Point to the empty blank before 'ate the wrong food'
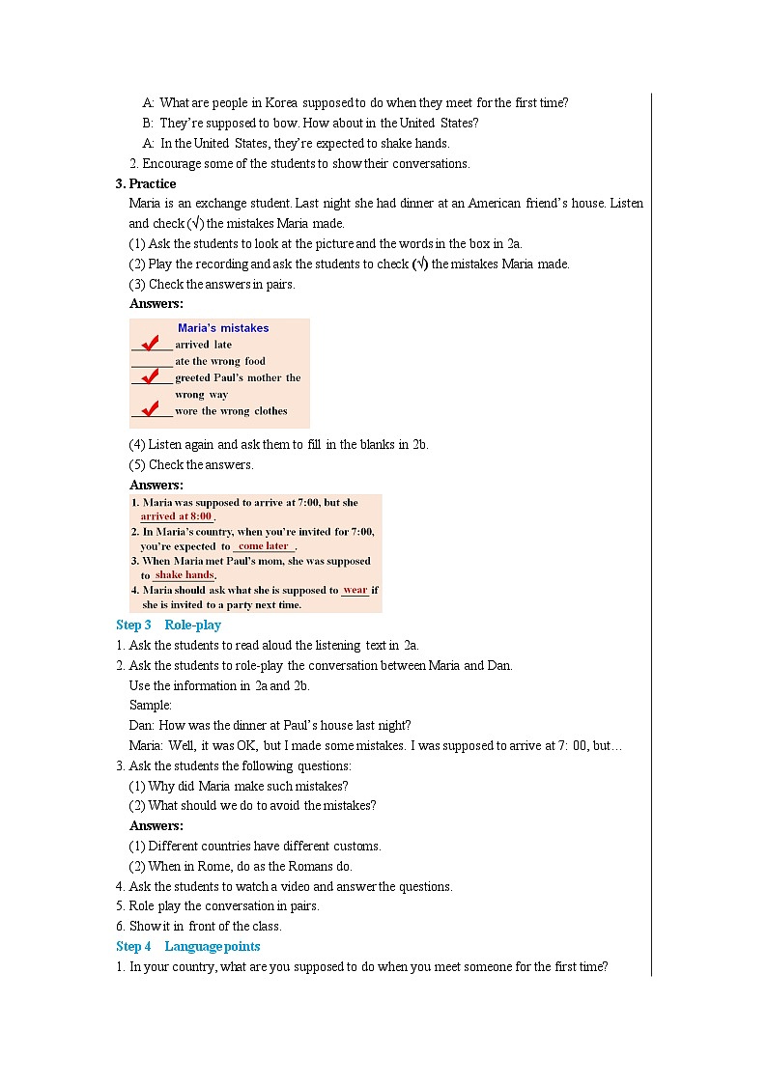[152, 362]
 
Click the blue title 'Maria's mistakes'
[223, 328]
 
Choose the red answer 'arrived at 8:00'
[176, 516]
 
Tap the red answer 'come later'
[263, 545]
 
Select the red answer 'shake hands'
[184, 575]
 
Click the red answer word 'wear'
[355, 590]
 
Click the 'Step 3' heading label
[133, 625]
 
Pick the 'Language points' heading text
[212, 947]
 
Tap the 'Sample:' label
[150, 706]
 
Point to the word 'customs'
[357, 846]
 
